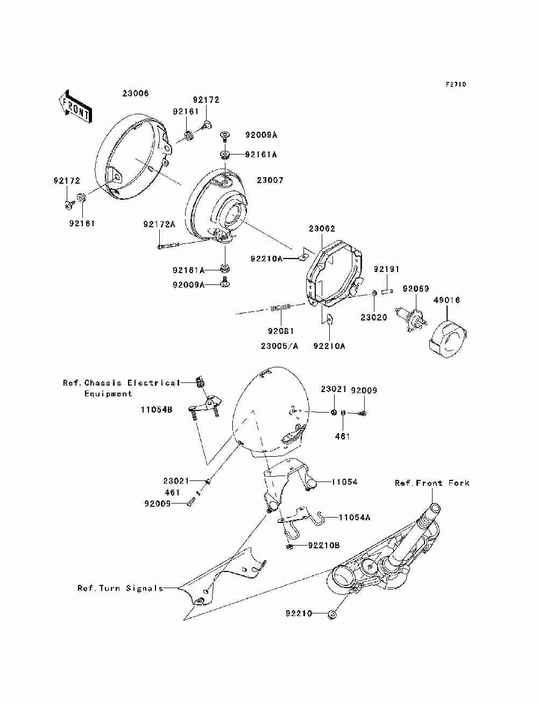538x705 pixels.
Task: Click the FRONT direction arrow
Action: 75,106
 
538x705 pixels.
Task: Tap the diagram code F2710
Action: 456,85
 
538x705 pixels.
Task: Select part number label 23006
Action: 136,93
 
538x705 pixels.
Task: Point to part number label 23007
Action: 270,180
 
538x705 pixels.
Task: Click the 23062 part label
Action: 322,228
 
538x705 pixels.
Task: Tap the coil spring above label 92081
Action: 281,308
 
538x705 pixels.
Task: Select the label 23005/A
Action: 279,346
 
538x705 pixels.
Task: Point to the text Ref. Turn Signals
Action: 121,588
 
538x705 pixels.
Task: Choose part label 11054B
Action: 157,409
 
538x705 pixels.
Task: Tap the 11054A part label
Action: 355,518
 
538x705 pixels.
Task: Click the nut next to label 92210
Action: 332,615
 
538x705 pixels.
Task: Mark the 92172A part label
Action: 159,224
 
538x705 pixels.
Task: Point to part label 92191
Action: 386,269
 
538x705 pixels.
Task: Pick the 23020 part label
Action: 374,317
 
